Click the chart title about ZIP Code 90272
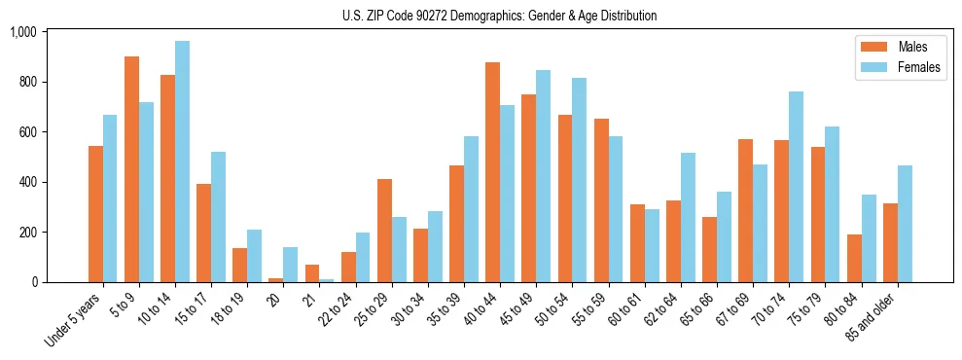pos(499,16)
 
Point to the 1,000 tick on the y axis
pos(22,32)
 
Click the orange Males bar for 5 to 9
pos(132,169)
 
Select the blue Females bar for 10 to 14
pos(182,162)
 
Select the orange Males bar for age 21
pos(312,273)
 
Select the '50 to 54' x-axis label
pos(552,310)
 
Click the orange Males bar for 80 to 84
pos(854,258)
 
